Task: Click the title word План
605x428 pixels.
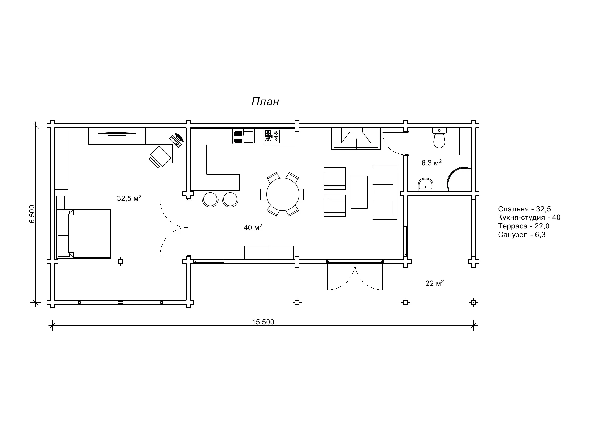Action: tap(265, 102)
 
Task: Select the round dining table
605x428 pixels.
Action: tap(282, 194)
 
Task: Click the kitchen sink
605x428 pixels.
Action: tap(243, 136)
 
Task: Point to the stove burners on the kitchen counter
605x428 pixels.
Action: tap(272, 136)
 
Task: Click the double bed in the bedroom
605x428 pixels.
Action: tap(84, 234)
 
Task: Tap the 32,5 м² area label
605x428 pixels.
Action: tap(129, 198)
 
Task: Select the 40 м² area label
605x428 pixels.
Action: tap(253, 227)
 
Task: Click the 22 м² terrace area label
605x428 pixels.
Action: tap(434, 283)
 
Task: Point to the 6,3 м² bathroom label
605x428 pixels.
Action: tap(431, 163)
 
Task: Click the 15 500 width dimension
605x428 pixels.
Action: tap(263, 322)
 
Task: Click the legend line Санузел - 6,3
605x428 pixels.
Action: tap(522, 235)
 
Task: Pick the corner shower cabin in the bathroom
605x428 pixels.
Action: tap(459, 179)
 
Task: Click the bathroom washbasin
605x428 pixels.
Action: tap(425, 185)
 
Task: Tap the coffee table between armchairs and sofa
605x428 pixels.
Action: tap(359, 192)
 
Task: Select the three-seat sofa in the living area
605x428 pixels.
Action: tap(385, 192)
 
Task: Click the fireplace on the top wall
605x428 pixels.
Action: tap(356, 139)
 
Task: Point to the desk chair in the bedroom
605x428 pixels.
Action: tap(160, 157)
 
